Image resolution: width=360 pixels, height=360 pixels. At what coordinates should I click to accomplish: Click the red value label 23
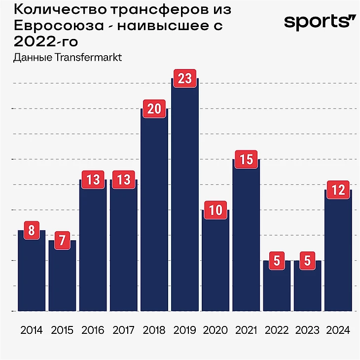(x=184, y=79)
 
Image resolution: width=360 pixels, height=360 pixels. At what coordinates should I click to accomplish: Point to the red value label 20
(x=154, y=109)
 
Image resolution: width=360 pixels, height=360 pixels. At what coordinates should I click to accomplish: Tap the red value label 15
(x=246, y=160)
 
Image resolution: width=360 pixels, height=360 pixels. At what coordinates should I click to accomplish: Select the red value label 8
(x=32, y=231)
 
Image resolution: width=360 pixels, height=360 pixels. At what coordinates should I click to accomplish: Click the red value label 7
(x=62, y=241)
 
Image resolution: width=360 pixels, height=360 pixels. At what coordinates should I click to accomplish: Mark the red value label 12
(x=338, y=190)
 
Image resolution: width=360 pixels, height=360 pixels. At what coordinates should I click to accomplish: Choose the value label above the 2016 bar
(x=93, y=180)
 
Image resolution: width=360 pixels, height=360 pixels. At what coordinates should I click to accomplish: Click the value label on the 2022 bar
(x=277, y=260)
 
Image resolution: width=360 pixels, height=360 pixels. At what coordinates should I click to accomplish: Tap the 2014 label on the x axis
(x=32, y=330)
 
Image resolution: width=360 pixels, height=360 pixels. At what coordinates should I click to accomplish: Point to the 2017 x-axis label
(x=123, y=330)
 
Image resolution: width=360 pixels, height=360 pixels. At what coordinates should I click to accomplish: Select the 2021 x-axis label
(x=246, y=330)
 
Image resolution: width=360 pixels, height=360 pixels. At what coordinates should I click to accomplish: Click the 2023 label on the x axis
(x=307, y=330)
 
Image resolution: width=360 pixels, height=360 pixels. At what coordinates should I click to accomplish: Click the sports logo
(x=319, y=22)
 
